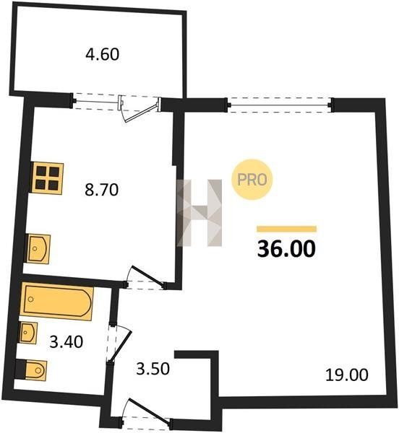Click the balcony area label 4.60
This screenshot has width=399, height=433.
103,54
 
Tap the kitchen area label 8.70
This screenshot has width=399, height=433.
101,190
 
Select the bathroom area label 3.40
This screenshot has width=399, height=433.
66,341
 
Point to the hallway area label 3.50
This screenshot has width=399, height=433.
153,369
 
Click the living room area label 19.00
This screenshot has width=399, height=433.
347,375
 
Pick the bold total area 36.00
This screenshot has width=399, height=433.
286,248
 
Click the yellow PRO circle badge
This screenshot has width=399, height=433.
252,180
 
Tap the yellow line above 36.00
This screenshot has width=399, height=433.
286,229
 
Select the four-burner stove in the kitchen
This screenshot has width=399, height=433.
47,178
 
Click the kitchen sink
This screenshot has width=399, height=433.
38,249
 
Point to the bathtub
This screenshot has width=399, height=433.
56,302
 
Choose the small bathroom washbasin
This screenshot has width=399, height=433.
28,333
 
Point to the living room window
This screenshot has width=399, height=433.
279,105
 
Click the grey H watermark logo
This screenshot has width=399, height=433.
199,213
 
